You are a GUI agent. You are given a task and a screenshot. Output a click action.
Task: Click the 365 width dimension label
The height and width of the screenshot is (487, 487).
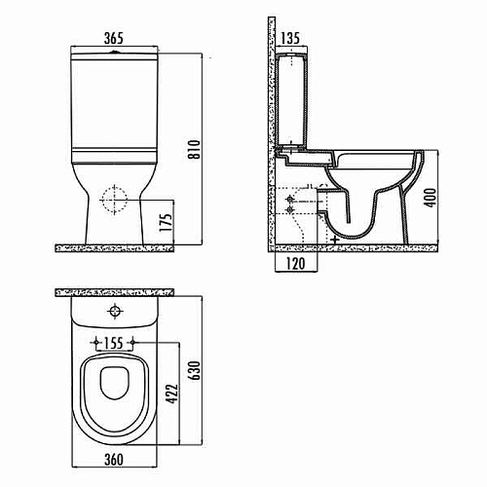click(114, 38)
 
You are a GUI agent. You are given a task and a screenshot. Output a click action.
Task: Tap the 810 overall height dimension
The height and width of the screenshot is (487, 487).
click(195, 149)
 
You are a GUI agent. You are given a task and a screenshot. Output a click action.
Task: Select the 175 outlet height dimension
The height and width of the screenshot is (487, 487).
click(166, 222)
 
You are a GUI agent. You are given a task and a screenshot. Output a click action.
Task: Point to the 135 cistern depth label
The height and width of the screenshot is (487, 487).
click(290, 38)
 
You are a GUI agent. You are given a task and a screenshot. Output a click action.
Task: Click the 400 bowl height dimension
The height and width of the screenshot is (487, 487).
click(431, 197)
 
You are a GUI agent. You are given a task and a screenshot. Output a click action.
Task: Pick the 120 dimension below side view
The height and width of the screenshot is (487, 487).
click(296, 263)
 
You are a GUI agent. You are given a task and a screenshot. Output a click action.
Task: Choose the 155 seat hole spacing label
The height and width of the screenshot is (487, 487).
click(114, 343)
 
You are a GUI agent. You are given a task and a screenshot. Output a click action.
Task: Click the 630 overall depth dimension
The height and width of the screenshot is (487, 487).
click(196, 370)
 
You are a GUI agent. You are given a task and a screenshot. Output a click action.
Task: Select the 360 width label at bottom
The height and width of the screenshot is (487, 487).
click(114, 460)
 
